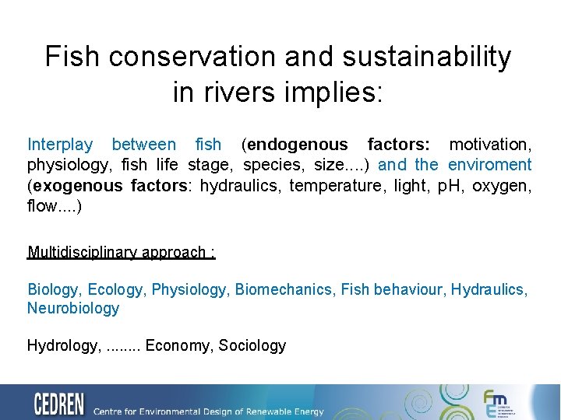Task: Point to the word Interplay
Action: [x=60, y=145]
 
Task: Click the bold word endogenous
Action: [x=298, y=145]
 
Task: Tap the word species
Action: [x=271, y=165]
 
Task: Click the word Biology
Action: [x=53, y=290]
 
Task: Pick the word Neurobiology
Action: [x=73, y=309]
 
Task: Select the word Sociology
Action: [x=252, y=346]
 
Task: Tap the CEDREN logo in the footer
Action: [x=60, y=404]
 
